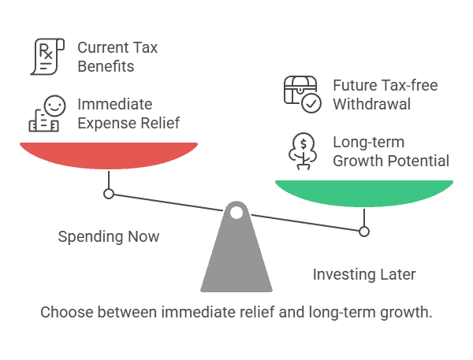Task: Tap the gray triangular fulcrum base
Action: click(x=236, y=254)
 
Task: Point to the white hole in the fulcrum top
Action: click(x=236, y=213)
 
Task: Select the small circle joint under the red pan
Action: click(x=109, y=194)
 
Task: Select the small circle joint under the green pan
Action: click(x=364, y=232)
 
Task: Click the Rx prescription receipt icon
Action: click(x=47, y=57)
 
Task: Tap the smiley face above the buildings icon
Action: click(x=54, y=106)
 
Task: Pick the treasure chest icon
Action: click(x=300, y=91)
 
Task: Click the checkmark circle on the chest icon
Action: click(x=311, y=103)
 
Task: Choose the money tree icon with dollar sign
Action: click(x=303, y=151)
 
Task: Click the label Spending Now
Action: click(x=109, y=236)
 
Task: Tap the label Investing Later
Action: click(x=364, y=275)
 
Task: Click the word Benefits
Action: click(x=106, y=66)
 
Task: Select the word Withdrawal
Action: click(x=371, y=104)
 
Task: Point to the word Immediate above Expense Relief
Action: click(x=115, y=105)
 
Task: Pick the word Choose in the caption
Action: click(x=67, y=312)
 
